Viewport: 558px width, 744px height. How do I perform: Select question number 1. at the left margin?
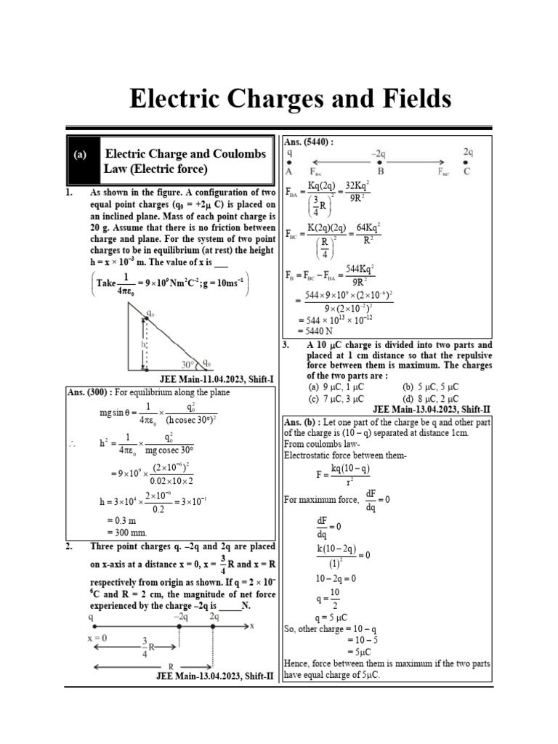[x=70, y=193]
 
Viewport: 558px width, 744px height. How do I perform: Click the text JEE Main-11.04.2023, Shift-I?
[x=217, y=380]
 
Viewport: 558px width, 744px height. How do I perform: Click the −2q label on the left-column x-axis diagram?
[x=181, y=616]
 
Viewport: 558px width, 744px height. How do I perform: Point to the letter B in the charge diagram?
[x=381, y=172]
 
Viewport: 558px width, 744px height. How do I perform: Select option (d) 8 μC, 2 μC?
[x=433, y=398]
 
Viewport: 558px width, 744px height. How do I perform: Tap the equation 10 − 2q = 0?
[x=336, y=578]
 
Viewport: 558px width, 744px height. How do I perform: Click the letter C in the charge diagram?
[x=467, y=172]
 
